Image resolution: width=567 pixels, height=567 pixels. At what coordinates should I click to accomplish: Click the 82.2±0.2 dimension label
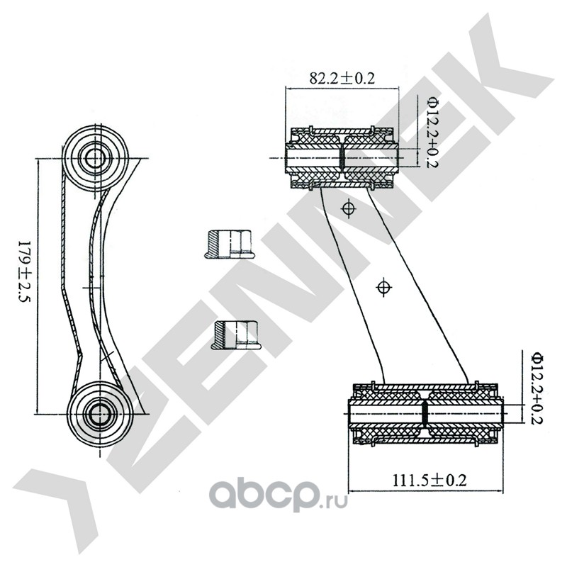(342, 78)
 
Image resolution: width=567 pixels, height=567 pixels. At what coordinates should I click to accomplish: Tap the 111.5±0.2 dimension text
(430, 481)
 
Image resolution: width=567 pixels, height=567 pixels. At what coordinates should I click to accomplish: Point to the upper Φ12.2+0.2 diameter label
(432, 132)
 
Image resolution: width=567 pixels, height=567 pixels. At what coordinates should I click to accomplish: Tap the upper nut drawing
(229, 245)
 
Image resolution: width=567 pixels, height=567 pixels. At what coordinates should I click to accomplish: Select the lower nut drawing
(236, 335)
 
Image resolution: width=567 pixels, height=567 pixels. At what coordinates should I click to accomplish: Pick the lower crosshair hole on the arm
(384, 288)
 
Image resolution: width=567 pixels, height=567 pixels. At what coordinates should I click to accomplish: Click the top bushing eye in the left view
(96, 158)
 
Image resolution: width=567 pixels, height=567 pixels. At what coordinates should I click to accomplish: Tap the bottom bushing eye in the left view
(99, 413)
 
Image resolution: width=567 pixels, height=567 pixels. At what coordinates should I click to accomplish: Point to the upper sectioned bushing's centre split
(342, 158)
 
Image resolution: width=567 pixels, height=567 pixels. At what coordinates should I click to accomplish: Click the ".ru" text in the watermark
(334, 502)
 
